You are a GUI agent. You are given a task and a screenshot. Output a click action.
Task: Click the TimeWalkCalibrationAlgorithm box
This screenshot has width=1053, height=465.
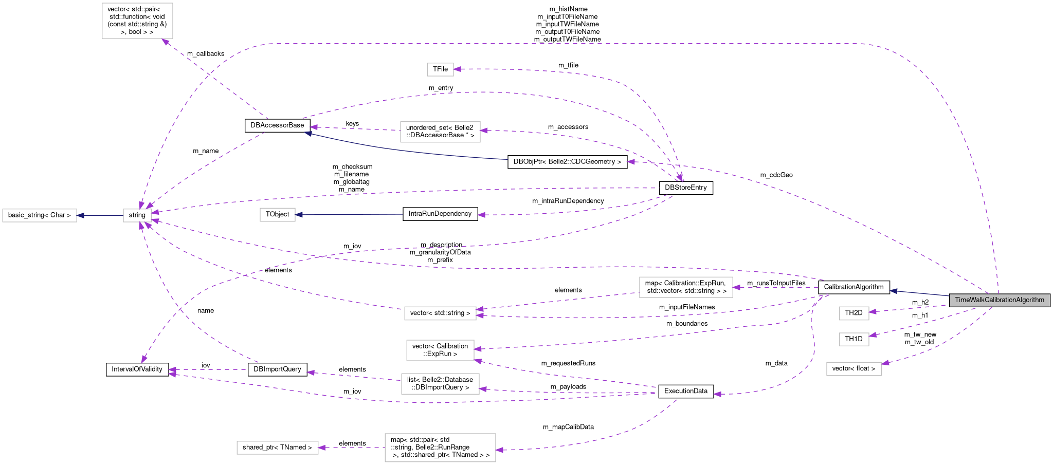click(999, 300)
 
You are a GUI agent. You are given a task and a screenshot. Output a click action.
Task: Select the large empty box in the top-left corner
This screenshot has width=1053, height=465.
click(137, 21)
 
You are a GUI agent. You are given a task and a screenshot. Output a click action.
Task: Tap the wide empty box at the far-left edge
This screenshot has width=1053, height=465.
click(40, 215)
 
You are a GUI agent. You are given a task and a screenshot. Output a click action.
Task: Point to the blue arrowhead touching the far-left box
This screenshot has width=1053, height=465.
click(80, 215)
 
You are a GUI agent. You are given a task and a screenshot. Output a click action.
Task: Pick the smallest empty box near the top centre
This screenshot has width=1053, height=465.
click(440, 69)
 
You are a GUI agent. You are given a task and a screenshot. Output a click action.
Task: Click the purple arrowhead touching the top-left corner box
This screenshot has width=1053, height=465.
click(166, 42)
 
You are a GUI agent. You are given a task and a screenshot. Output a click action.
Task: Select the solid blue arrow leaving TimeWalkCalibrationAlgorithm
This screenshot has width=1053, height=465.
click(920, 293)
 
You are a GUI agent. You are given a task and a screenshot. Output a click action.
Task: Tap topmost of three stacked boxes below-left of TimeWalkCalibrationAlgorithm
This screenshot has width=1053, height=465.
click(854, 313)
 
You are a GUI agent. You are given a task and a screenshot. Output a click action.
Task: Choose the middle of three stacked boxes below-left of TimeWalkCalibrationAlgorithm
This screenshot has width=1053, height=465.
click(854, 339)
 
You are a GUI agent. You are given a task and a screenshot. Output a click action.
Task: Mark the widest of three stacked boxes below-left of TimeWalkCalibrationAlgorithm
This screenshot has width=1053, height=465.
click(854, 369)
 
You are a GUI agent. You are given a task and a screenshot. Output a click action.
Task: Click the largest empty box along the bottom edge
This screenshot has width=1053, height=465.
click(440, 448)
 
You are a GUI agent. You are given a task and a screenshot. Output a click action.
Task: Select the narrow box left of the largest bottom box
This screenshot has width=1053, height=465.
click(277, 448)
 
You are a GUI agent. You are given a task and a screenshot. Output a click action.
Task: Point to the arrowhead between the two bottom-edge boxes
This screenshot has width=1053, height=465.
click(322, 448)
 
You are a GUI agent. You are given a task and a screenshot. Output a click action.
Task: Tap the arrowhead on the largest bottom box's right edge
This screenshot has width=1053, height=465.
click(499, 450)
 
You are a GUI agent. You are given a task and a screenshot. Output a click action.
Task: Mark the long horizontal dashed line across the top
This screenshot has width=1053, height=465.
click(566, 44)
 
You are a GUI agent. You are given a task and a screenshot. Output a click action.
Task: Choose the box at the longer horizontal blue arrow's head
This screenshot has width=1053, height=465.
click(277, 214)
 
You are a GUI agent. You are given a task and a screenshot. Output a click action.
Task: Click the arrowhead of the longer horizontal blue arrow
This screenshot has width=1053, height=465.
click(299, 214)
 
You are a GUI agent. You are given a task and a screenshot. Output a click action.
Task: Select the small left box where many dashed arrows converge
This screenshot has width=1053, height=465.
click(137, 215)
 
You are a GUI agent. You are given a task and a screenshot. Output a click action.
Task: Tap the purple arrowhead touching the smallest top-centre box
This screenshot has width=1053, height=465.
click(457, 69)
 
